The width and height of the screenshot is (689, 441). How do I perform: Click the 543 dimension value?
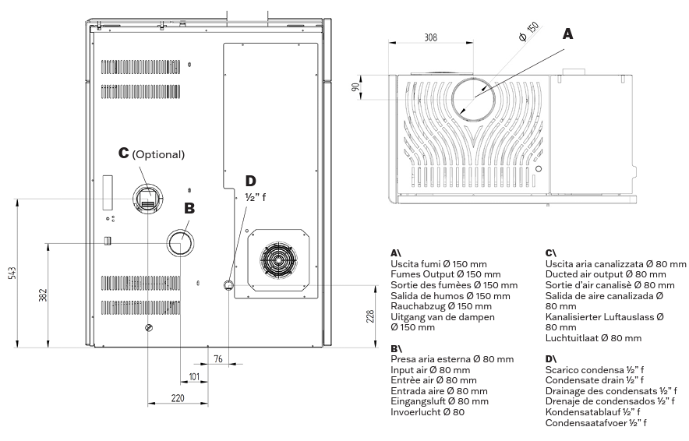click(12, 273)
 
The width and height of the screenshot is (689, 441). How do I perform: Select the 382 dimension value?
click(43, 295)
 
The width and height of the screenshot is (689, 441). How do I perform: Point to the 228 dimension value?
click(370, 316)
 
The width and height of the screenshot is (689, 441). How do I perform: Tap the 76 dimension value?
click(218, 359)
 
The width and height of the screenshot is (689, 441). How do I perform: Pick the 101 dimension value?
click(194, 376)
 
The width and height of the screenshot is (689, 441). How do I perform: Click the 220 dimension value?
click(178, 398)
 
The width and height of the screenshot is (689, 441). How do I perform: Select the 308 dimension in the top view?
click(430, 37)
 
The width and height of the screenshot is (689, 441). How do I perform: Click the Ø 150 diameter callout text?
click(528, 32)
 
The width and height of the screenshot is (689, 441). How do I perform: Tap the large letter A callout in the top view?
click(567, 34)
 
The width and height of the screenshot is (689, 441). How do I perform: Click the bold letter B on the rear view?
click(189, 208)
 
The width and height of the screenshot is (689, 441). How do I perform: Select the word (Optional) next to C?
click(158, 154)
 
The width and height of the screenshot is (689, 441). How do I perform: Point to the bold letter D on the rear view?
click(250, 181)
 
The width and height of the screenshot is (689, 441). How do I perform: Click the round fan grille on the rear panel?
click(278, 259)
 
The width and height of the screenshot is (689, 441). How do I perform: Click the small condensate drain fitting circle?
click(229, 285)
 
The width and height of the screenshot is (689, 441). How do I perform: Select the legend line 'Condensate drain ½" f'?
click(595, 380)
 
